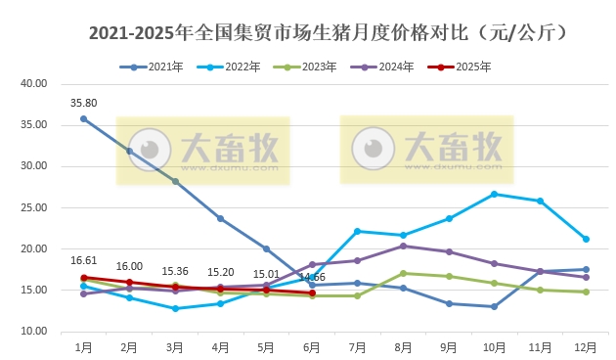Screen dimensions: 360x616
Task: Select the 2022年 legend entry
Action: [236, 67]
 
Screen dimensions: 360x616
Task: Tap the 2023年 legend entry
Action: [312, 67]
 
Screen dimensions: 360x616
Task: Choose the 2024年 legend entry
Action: [389, 67]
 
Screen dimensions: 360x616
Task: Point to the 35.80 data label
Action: [83, 102]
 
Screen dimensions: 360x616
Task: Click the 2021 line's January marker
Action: [83, 118]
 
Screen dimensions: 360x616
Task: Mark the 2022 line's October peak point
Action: [494, 194]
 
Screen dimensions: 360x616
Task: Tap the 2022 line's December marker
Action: [586, 239]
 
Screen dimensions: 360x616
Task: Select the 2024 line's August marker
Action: [403, 246]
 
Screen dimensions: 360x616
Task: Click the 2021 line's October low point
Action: [494, 307]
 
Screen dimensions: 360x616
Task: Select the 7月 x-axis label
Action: [357, 346]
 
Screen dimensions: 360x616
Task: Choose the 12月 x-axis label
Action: [586, 346]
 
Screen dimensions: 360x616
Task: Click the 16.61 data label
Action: [83, 260]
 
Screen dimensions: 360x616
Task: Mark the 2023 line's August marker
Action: [403, 273]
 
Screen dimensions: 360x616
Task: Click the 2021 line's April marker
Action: [220, 218]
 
